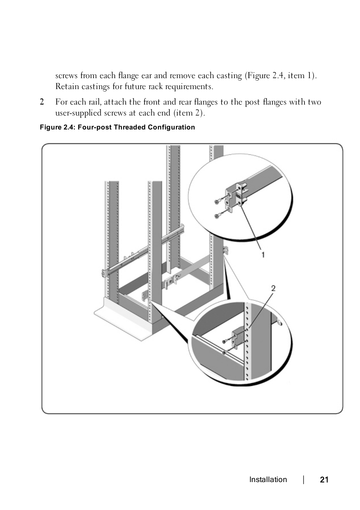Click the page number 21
coord(324,480)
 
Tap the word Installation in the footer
coord(268,480)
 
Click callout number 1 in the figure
coord(263,255)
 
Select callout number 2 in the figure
coord(273,288)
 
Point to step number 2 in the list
coord(42,102)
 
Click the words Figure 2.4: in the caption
coord(58,127)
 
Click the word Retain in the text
coord(66,86)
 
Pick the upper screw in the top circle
coord(218,202)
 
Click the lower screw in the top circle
coord(218,216)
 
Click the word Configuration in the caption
coord(171,127)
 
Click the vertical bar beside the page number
coord(304,480)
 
